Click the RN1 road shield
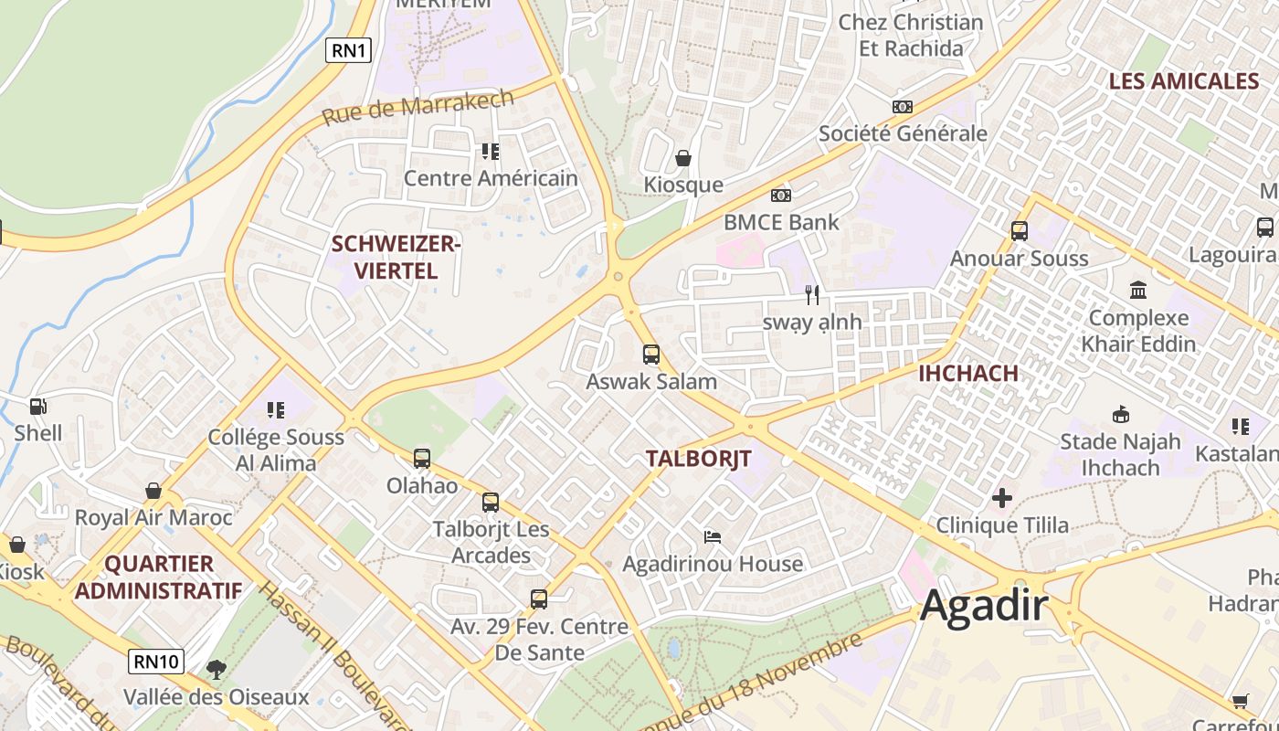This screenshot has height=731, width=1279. [x=349, y=50]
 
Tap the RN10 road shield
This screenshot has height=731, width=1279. [x=156, y=661]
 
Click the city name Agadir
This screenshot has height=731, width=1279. [x=984, y=606]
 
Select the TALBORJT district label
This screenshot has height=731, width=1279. [x=699, y=459]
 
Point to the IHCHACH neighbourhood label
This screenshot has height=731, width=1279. [x=967, y=373]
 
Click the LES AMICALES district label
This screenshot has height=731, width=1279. [x=1183, y=81]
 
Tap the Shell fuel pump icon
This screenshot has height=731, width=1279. [x=37, y=407]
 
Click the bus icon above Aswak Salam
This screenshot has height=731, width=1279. [x=651, y=355]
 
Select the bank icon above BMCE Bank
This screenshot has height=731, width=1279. [x=780, y=195]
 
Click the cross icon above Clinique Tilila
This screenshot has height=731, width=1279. [x=1002, y=498]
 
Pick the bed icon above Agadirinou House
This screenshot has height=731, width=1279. [x=713, y=536]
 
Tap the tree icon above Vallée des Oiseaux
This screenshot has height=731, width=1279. [x=216, y=670]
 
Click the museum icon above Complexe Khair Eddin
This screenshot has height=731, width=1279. [x=1138, y=291]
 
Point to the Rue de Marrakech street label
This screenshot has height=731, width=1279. [x=418, y=106]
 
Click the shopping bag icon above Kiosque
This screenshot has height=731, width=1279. [x=682, y=158]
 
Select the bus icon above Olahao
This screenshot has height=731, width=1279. [x=421, y=459]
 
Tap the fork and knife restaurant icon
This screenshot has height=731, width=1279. [x=812, y=294]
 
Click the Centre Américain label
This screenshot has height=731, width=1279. [x=491, y=178]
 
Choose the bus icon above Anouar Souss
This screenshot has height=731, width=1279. [x=1020, y=231]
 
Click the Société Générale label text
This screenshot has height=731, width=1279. [x=903, y=133]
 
